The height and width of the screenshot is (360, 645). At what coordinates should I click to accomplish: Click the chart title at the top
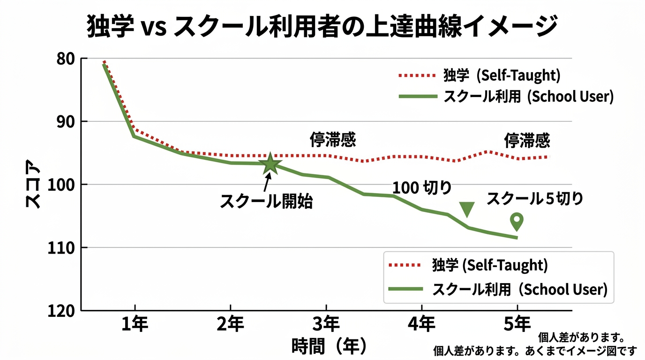click(x=322, y=27)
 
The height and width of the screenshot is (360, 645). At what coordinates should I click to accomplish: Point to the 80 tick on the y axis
click(x=64, y=59)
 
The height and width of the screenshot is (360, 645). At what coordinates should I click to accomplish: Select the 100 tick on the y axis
click(x=61, y=185)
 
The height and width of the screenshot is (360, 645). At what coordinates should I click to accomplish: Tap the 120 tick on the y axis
click(x=61, y=310)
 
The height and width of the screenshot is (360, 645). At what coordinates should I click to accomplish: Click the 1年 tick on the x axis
click(x=135, y=324)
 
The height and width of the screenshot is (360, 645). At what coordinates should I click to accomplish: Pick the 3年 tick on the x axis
click(x=326, y=324)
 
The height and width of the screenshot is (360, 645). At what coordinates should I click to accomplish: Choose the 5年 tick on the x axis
click(x=517, y=324)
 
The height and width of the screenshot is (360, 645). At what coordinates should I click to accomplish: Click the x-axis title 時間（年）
click(x=329, y=346)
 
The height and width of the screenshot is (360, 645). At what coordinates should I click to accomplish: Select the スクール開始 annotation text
click(x=266, y=202)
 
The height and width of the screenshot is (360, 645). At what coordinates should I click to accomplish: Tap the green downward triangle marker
click(x=467, y=209)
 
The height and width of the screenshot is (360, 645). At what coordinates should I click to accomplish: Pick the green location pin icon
click(x=517, y=221)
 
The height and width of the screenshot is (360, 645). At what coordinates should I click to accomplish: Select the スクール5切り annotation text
click(x=535, y=199)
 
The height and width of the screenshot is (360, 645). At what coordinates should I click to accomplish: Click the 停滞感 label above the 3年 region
click(x=332, y=140)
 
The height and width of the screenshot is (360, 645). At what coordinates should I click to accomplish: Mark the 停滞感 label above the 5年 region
click(x=527, y=140)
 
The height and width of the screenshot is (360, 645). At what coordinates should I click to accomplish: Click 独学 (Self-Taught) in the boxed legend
click(x=489, y=265)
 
